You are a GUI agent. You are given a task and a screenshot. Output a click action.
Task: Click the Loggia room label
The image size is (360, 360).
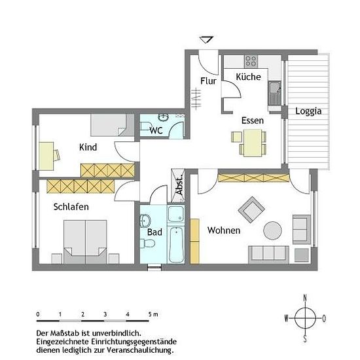click(308, 111)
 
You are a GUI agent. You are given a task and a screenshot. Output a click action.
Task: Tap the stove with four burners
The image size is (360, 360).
click(251, 61)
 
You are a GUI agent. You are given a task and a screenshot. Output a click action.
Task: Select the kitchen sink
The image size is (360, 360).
click(274, 93)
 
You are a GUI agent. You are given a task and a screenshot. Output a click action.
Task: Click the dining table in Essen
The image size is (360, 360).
click(253, 143)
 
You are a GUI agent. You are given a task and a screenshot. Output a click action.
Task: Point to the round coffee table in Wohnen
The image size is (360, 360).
click(272, 230)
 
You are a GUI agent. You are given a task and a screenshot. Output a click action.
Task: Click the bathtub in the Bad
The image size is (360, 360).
click(176, 245)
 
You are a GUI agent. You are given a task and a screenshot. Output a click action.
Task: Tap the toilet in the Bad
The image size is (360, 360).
click(147, 243)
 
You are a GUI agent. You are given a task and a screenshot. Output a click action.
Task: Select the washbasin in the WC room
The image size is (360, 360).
click(163, 117)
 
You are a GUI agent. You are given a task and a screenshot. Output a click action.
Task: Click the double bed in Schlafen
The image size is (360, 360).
click(85, 242)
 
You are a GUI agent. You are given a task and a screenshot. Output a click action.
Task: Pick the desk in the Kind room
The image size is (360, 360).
click(46, 156)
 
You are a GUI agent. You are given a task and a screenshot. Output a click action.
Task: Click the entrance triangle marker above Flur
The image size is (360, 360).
click(207, 39)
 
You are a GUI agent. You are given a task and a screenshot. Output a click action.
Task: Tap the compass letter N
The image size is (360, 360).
click(305, 298)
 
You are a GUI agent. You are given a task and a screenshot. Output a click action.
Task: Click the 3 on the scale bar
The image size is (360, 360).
click(105, 314)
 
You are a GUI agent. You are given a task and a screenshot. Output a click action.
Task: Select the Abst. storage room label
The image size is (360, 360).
click(179, 185)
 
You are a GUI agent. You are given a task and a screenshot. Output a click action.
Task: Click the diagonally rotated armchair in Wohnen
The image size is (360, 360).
click(251, 209)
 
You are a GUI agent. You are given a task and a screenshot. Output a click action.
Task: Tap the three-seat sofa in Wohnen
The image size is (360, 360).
click(268, 255)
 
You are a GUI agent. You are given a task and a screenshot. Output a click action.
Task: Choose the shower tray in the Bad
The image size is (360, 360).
click(176, 214)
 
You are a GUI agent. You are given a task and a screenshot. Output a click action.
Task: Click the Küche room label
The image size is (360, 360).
click(249, 77)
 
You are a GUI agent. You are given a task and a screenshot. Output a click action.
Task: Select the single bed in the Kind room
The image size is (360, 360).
click(113, 125)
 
